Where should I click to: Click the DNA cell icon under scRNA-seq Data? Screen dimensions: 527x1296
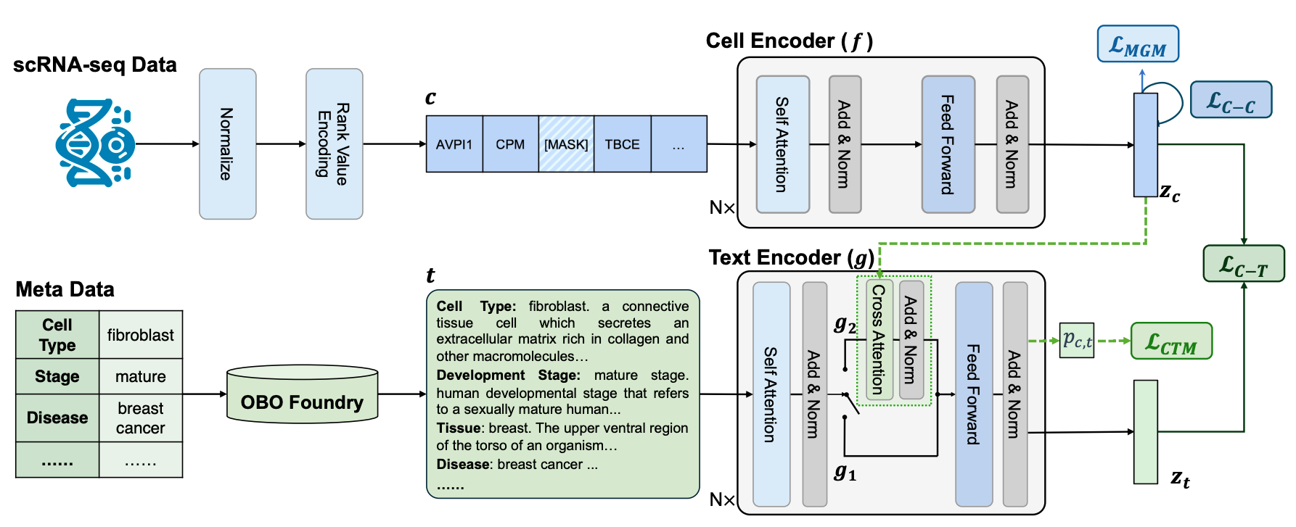[94, 144]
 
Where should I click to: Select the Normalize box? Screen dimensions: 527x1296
[228, 144]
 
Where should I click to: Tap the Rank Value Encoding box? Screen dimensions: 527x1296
[334, 144]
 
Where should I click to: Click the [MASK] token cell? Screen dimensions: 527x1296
[566, 144]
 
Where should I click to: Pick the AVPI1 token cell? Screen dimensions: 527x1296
[454, 144]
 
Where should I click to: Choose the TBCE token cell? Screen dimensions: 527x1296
[622, 144]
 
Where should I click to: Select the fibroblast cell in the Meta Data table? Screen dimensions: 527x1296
[141, 335]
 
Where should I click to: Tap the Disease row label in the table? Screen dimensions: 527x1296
[57, 418]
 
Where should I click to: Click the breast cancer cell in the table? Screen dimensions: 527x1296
[141, 418]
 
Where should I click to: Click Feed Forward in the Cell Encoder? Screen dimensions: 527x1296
[948, 144]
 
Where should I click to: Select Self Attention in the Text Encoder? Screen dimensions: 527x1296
[771, 394]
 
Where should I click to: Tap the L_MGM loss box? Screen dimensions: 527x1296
[1137, 45]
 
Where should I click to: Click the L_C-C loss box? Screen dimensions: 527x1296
[1231, 100]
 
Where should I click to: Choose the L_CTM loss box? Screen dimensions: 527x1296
[1171, 341]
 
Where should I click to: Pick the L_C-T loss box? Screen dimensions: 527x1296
[1243, 264]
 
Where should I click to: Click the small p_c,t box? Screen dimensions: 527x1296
[1076, 340]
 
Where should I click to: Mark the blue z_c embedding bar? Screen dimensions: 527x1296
[1145, 145]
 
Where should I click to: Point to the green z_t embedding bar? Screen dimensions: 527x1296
[1145, 431]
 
